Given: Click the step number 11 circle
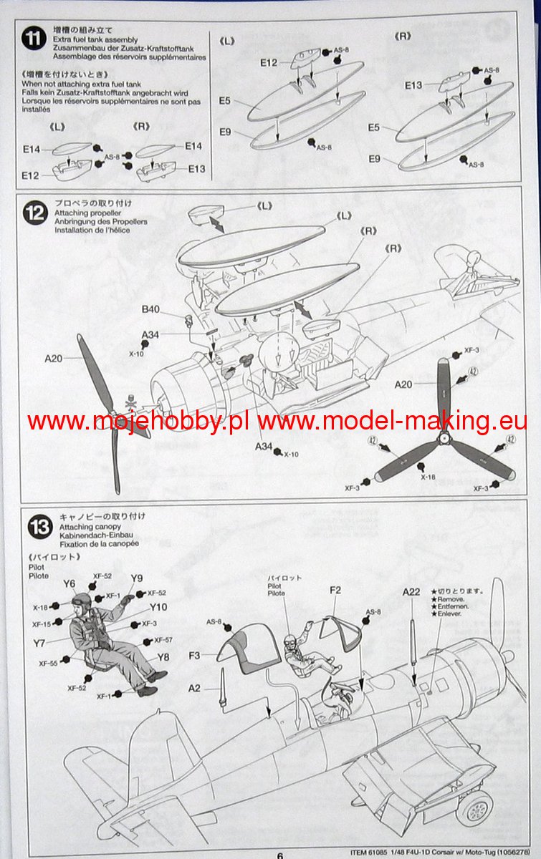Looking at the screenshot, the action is coord(34,39).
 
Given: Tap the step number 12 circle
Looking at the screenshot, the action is coord(35,213).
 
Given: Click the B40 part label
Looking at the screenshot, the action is coord(150,309).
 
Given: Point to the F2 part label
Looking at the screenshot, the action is coord(335,590).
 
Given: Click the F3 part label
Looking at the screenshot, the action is coord(194,656).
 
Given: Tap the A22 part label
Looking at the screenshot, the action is coord(411,592).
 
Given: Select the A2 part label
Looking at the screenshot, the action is coord(194,688).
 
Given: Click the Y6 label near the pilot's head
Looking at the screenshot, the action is coord(69,583).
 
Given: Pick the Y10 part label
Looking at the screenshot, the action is coord(158,607).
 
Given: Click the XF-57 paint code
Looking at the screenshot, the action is coord(163,640).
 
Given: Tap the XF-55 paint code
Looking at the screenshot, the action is coord(48,663).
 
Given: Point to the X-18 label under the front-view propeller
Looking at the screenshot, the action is coord(428,477).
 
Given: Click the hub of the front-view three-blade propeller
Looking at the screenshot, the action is coord(444,437).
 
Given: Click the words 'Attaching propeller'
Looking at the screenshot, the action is coord(87,213).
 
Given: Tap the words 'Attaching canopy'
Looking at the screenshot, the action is coord(90,527).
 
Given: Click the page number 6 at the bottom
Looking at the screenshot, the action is coord(280,855).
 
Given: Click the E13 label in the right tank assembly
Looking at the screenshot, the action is coord(413,85).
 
